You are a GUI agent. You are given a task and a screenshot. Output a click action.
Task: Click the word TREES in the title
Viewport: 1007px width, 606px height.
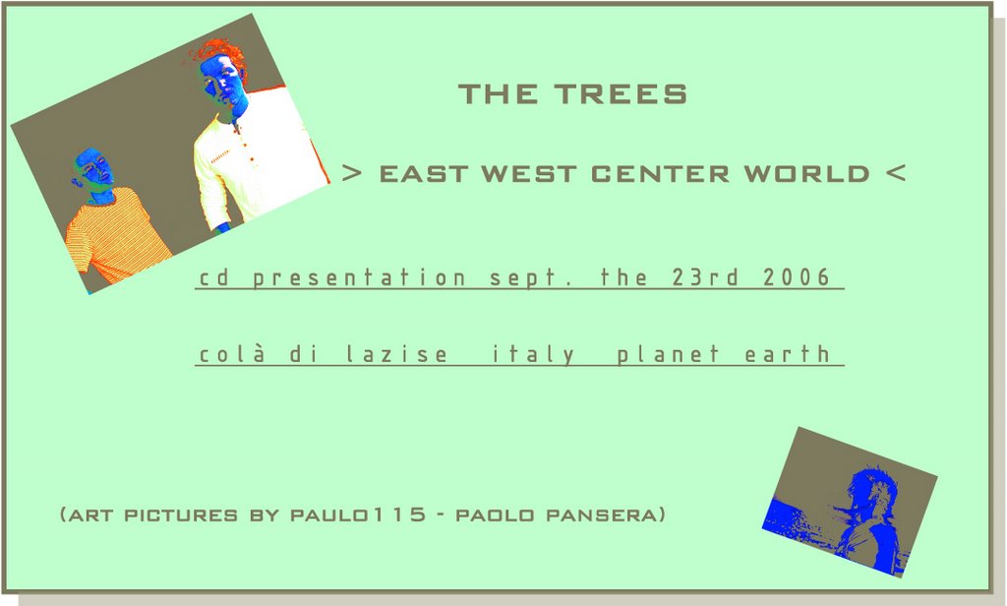(x=622, y=93)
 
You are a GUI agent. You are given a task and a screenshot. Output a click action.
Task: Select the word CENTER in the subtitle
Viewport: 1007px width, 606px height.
(x=660, y=173)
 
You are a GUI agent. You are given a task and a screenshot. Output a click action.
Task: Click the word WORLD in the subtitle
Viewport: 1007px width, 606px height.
(x=806, y=173)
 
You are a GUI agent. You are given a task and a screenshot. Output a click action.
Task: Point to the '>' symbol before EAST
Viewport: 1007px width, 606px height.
(x=352, y=173)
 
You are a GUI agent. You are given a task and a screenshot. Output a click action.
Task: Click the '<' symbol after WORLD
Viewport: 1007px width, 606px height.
(x=896, y=173)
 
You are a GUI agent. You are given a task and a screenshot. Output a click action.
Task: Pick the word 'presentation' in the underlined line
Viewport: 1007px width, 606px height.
(x=360, y=277)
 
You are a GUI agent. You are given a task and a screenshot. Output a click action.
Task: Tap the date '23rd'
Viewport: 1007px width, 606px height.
(x=706, y=277)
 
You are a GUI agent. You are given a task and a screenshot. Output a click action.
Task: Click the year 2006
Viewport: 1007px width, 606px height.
(x=797, y=277)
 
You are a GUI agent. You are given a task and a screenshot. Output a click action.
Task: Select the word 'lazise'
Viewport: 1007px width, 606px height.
(x=397, y=353)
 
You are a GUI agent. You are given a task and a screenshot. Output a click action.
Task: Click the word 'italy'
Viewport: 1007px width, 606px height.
(x=533, y=354)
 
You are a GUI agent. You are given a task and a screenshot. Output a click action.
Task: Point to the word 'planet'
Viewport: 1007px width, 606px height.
(x=668, y=354)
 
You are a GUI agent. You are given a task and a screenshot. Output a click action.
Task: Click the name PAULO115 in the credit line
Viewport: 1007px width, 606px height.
(x=358, y=515)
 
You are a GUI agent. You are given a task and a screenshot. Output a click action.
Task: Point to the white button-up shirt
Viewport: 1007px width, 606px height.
(x=257, y=160)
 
